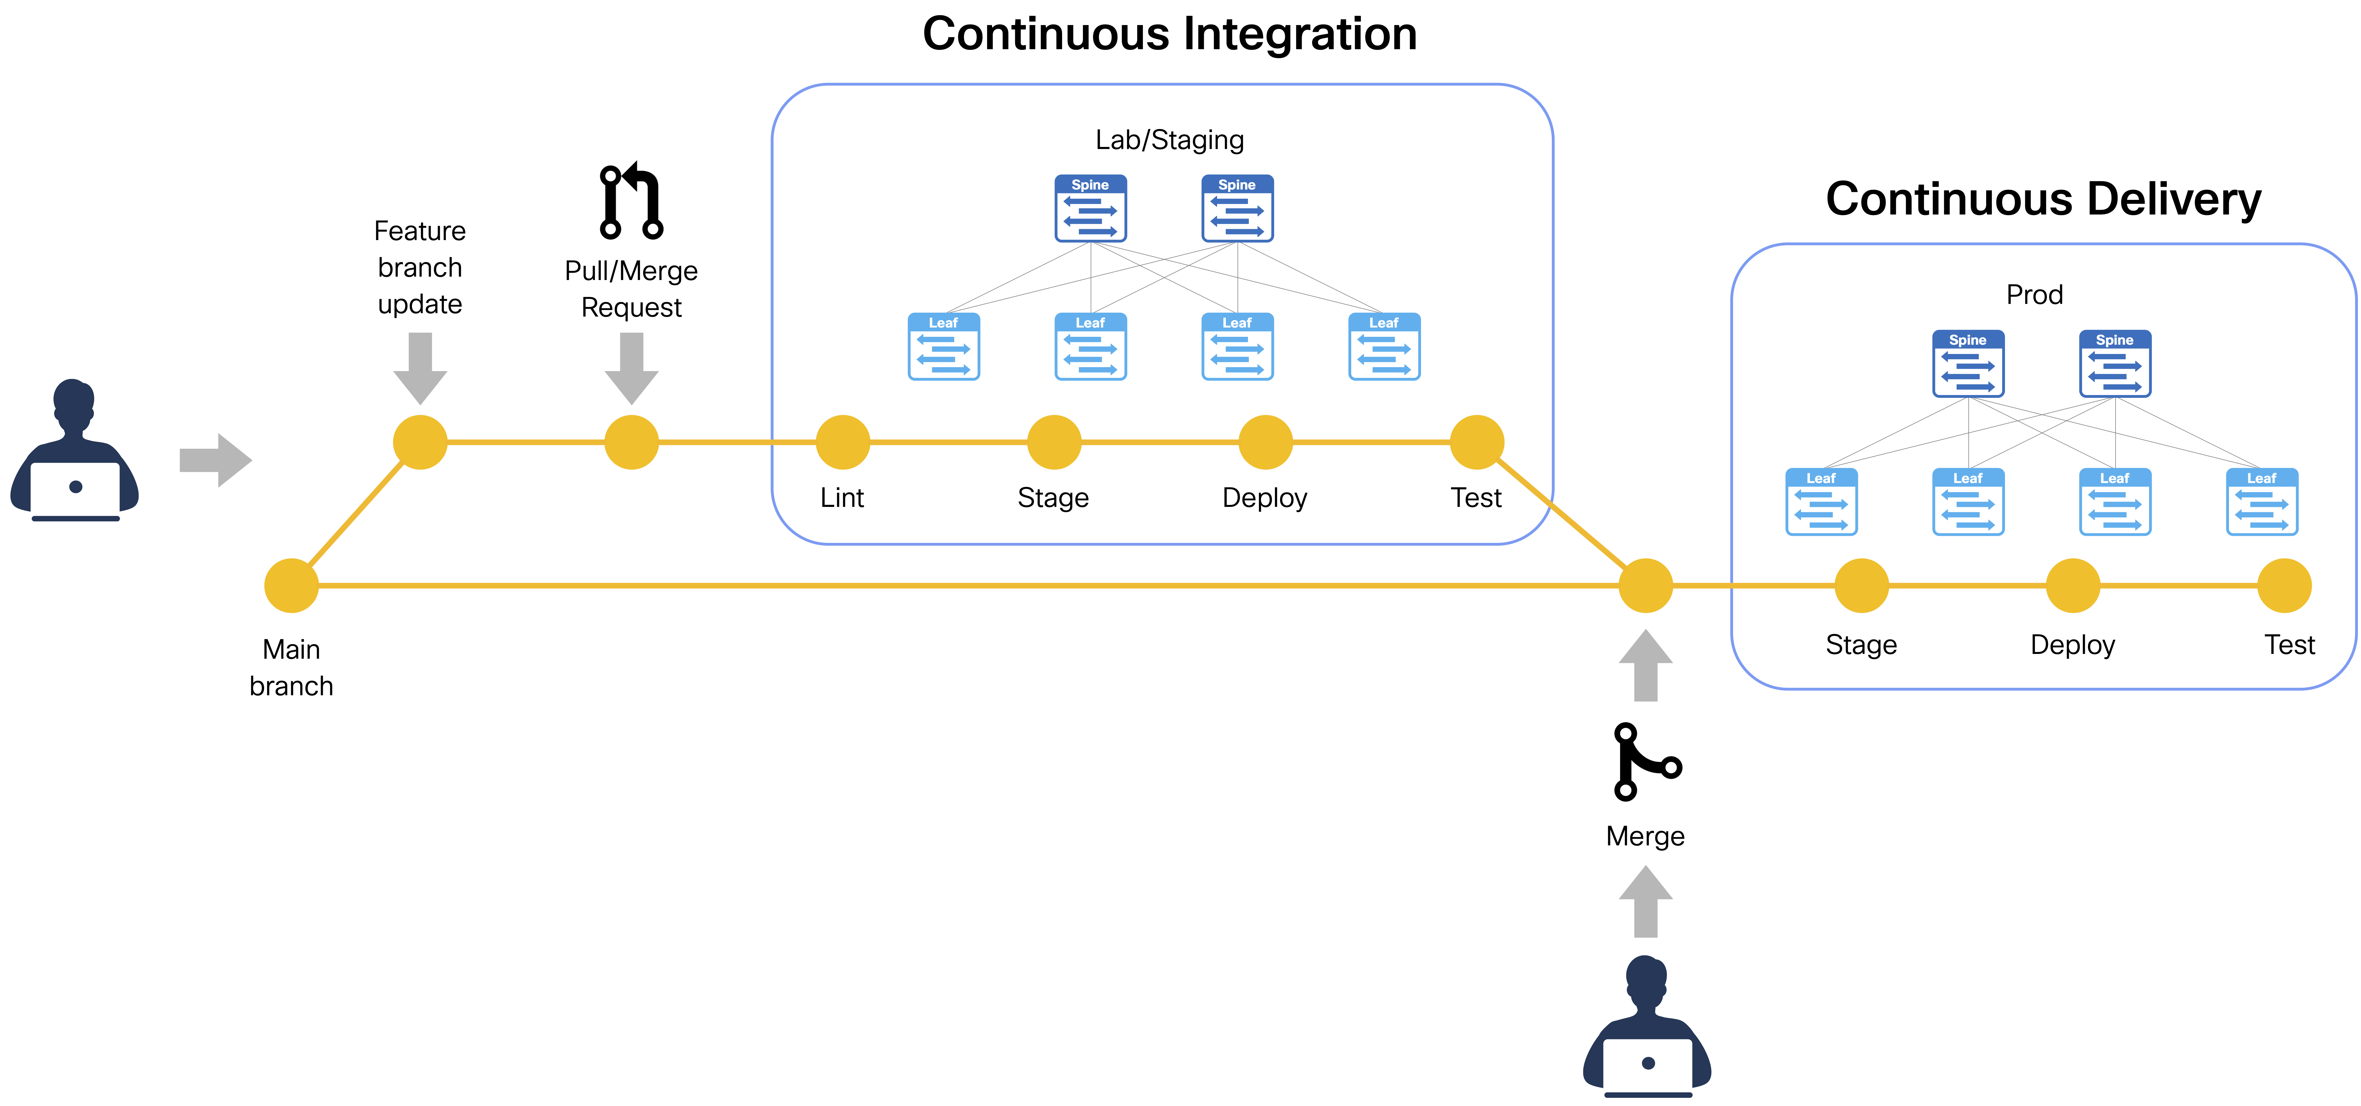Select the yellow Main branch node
[x=291, y=586]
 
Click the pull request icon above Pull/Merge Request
[x=630, y=202]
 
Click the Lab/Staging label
[x=1170, y=140]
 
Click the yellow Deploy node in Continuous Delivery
[x=2072, y=586]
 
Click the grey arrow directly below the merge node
[x=1646, y=666]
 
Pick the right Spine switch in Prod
[x=2114, y=364]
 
